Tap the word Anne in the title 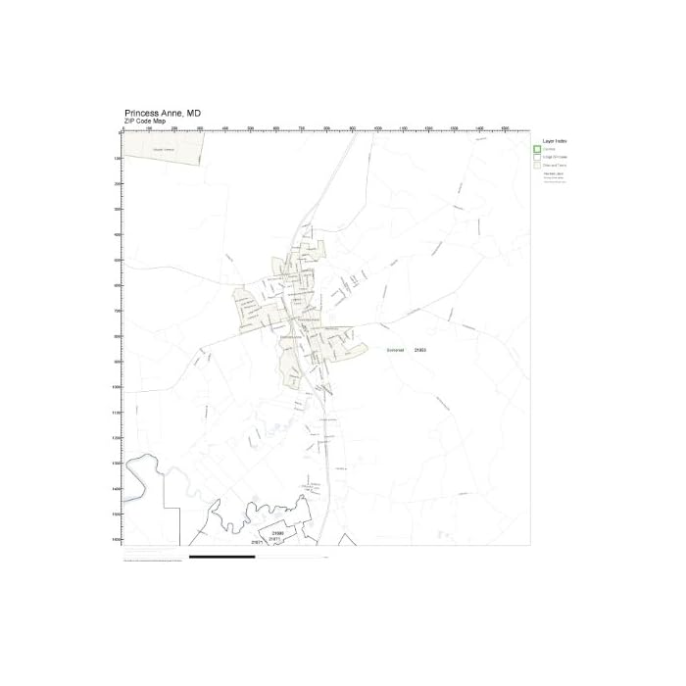[x=178, y=113]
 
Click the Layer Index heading [x=556, y=141]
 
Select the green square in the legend [x=537, y=149]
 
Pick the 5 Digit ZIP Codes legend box [x=537, y=157]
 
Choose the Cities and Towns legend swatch [x=537, y=166]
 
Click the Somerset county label [x=394, y=349]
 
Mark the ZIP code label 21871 [x=261, y=540]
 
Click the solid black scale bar [x=221, y=557]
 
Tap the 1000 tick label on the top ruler [x=378, y=128]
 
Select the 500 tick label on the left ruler [x=117, y=260]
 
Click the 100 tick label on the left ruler [x=117, y=158]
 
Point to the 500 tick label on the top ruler [x=251, y=128]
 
